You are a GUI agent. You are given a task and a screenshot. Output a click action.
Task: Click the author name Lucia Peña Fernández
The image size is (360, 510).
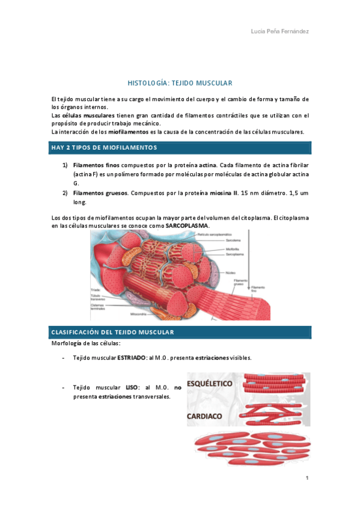pyautogui.click(x=280, y=31)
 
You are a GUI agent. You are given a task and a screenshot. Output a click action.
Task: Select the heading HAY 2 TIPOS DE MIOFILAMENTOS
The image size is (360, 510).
pyautogui.click(x=104, y=147)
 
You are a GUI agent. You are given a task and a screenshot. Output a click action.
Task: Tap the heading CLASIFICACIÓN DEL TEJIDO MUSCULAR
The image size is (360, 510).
pyautogui.click(x=113, y=332)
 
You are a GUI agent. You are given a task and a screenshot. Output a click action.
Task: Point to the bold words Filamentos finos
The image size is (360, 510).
pyautogui.click(x=96, y=165)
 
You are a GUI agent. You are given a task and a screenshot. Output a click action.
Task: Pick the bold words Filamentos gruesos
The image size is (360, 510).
pyautogui.click(x=100, y=194)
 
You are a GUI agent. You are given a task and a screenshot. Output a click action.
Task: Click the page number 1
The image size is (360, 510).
pyautogui.click(x=307, y=478)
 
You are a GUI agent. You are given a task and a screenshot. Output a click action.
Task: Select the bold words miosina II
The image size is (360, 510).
pyautogui.click(x=224, y=194)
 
